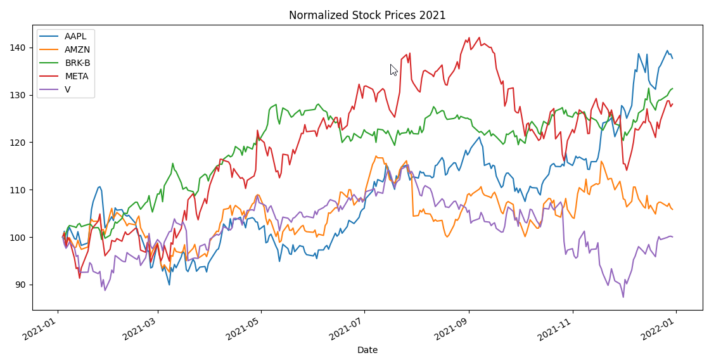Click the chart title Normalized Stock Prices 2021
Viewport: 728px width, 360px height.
point(367,15)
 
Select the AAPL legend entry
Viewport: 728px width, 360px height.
point(75,35)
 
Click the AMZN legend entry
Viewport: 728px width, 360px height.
point(77,49)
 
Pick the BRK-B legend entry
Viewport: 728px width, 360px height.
point(77,63)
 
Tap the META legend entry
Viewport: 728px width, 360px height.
point(77,76)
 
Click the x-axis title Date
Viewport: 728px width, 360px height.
point(367,350)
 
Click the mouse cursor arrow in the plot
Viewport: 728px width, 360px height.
point(393,69)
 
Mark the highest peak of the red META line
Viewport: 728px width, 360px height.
point(469,37)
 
